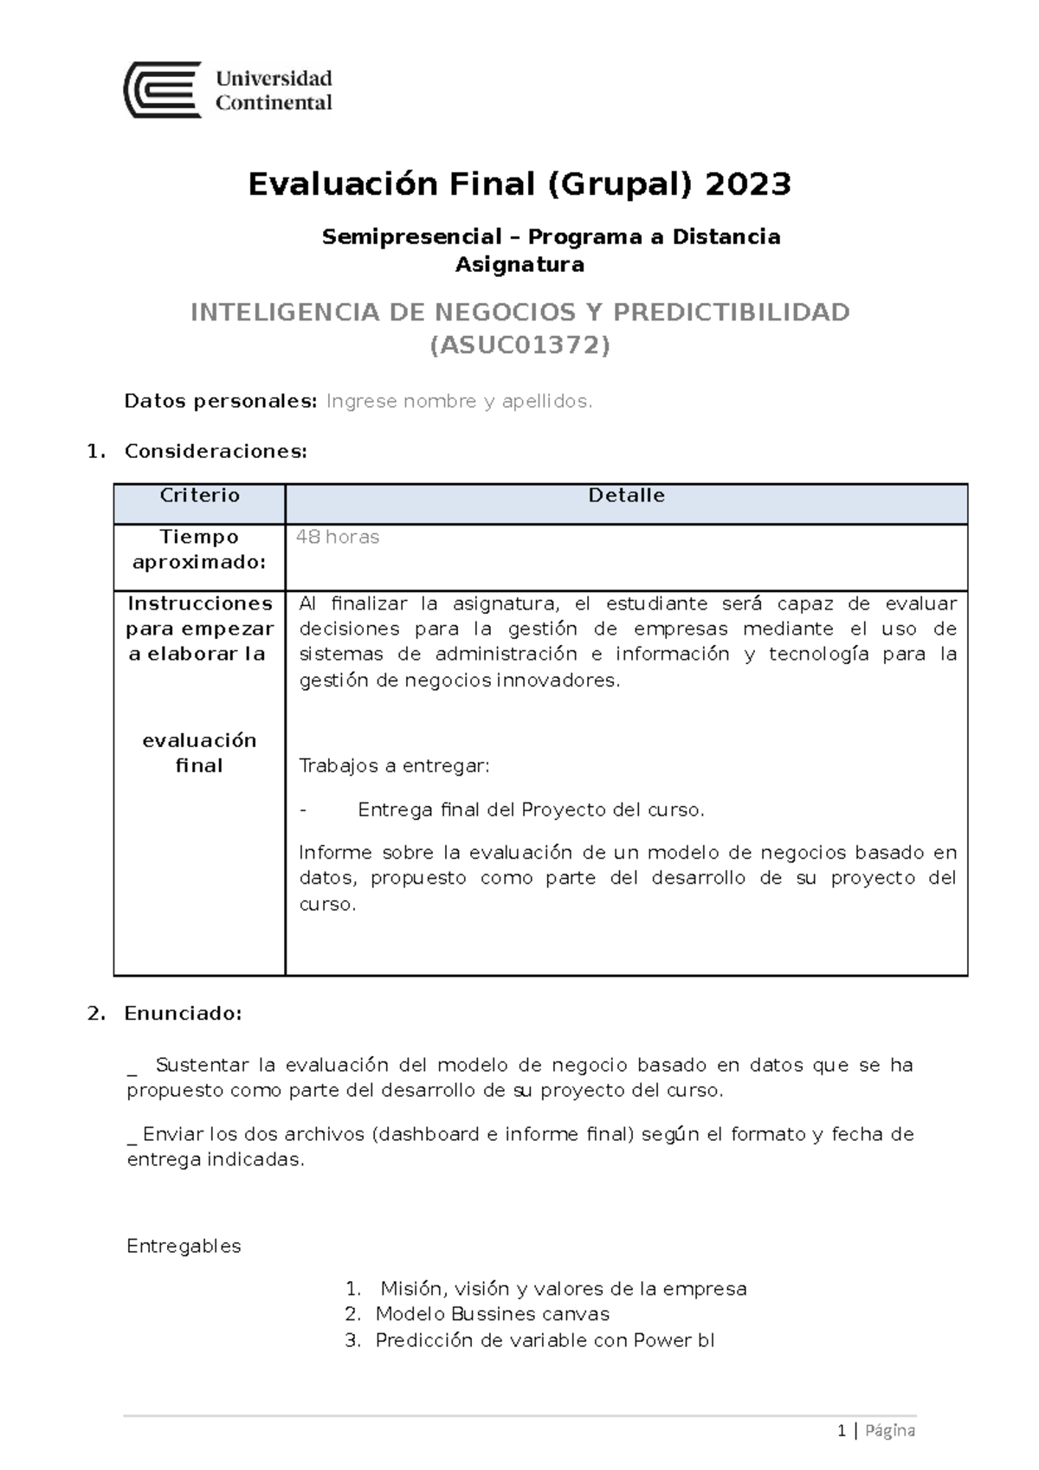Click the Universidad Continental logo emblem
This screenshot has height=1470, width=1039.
coord(163,90)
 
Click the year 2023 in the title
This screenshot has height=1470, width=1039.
coord(748,184)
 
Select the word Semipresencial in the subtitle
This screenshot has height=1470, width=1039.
coord(411,237)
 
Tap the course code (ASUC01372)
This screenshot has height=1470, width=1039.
coord(519,345)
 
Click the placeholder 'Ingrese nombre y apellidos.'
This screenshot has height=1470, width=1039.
coord(459,402)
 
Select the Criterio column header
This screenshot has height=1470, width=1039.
coord(199,496)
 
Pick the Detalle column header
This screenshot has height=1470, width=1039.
coord(626,496)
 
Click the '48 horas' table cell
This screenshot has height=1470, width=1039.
coord(338,538)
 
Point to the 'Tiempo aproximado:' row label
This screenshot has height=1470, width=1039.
coord(199,550)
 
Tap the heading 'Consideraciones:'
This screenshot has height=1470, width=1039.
coord(216,452)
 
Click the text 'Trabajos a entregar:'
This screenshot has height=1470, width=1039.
coord(394,766)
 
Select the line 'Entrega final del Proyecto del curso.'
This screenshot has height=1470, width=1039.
coord(531,810)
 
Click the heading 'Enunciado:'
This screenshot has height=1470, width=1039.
coord(183,1014)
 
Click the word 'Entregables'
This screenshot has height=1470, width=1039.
coord(184,1247)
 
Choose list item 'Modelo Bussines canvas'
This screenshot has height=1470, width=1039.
coord(492,1314)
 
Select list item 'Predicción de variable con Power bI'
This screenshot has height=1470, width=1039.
coord(545,1341)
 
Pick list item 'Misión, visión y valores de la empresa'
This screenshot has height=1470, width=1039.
coord(563,1289)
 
